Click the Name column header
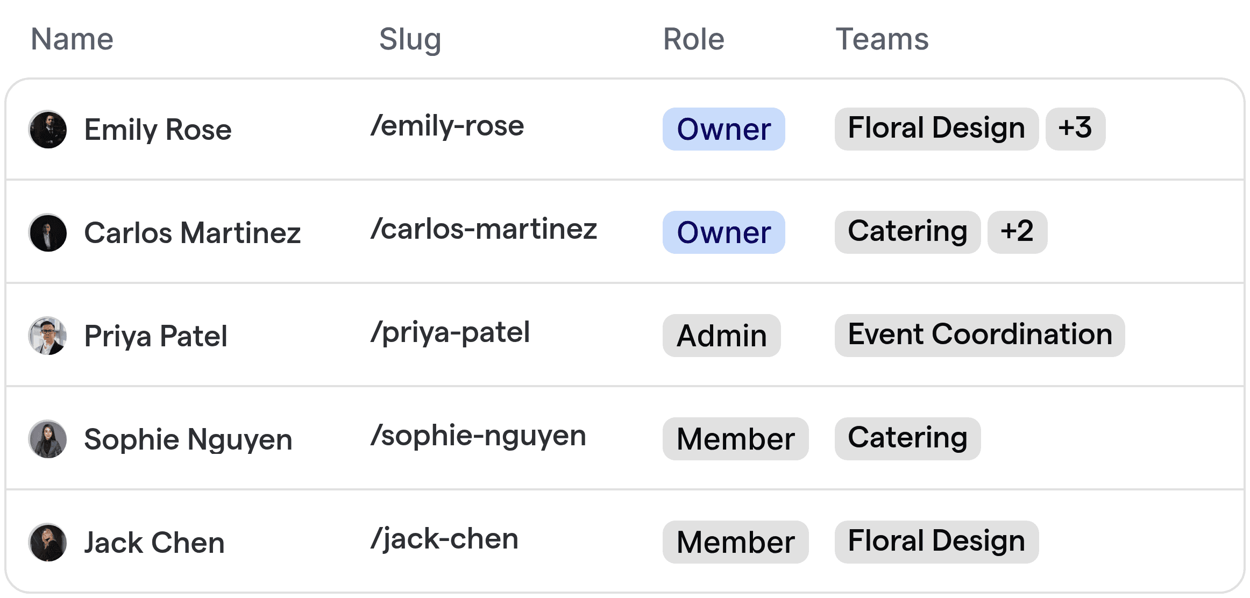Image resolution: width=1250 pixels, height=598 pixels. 72,39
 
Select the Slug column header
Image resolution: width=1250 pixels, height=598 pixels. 410,39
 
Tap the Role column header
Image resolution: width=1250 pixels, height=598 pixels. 693,39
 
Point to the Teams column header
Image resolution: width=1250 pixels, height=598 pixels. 882,39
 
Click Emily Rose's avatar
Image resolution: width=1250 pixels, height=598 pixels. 48,130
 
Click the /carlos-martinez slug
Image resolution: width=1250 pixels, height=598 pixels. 484,229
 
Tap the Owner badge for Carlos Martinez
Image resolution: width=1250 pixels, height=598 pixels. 723,232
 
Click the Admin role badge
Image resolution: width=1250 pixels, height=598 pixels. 721,336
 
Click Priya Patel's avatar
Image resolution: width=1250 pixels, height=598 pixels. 48,336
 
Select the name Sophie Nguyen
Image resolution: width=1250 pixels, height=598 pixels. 188,439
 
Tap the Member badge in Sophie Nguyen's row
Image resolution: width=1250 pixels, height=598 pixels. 735,439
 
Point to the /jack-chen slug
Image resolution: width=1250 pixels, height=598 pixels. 444,539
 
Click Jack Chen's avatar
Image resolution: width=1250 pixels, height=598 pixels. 48,543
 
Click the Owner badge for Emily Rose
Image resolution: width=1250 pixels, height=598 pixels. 723,129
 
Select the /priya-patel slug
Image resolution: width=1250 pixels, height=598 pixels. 450,332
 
